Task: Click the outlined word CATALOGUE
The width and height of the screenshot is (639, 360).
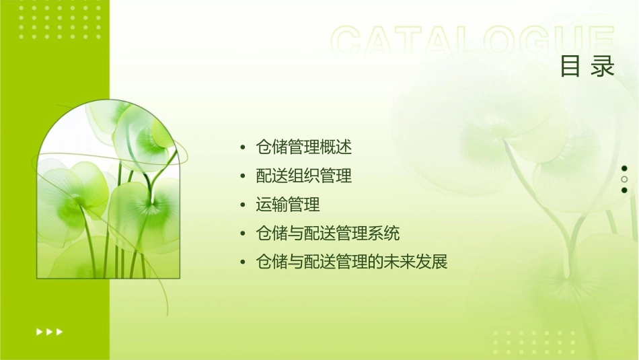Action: (x=473, y=42)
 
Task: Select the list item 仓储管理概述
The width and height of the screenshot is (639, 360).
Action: (x=304, y=146)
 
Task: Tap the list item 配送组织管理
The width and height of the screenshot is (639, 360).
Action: (x=304, y=176)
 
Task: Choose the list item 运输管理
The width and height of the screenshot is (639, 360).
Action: (x=288, y=205)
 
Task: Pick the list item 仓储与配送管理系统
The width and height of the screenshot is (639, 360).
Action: (x=328, y=233)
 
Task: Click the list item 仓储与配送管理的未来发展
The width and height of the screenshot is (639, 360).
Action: (x=352, y=262)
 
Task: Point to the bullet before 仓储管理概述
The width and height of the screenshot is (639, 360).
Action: (x=243, y=147)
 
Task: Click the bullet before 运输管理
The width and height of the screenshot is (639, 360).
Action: (x=243, y=205)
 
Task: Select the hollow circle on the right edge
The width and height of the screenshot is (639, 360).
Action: (x=624, y=180)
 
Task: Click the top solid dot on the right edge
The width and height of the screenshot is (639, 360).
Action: (x=624, y=168)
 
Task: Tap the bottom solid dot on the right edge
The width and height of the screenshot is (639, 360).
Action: (x=624, y=190)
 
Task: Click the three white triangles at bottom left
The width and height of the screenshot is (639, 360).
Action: (x=49, y=331)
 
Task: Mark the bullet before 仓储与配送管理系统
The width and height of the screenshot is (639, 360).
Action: (x=243, y=234)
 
